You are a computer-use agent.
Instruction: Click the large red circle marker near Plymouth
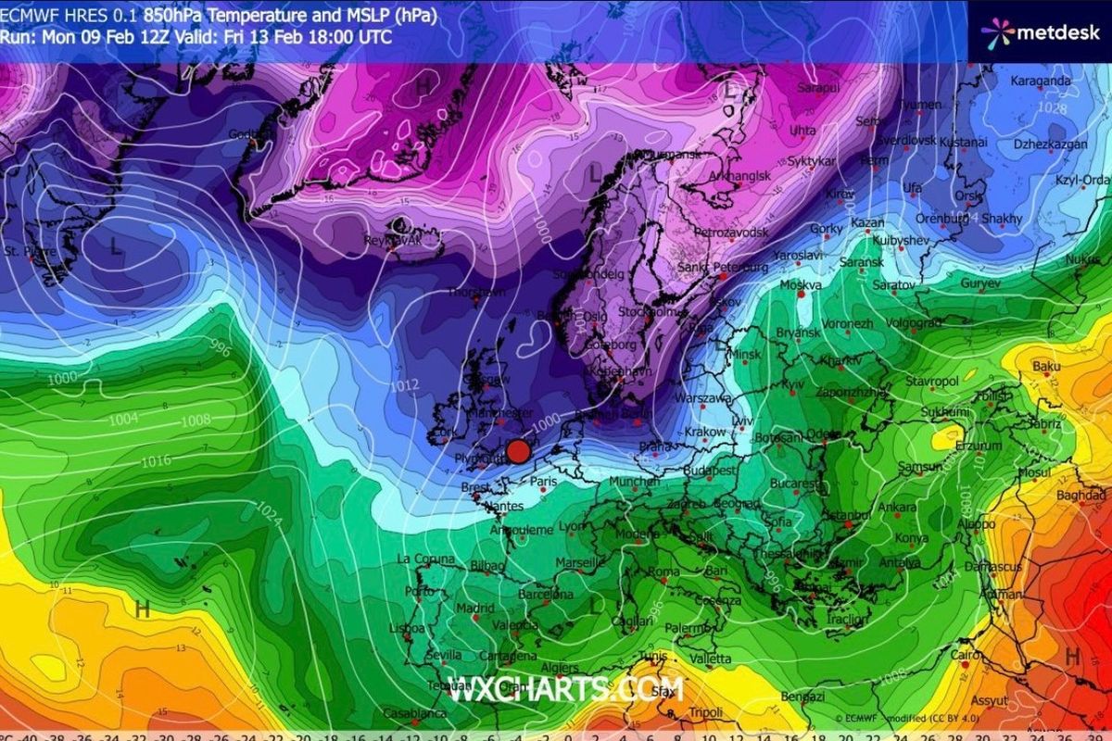click(518, 451)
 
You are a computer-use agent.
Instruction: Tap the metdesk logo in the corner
click(1042, 32)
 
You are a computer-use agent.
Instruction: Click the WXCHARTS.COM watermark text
click(567, 689)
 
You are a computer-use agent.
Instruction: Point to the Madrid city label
click(475, 608)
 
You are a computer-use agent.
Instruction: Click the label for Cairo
click(965, 655)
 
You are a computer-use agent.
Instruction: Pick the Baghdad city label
click(1080, 496)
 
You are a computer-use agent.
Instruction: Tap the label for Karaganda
click(1041, 81)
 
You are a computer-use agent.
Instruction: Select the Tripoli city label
click(706, 712)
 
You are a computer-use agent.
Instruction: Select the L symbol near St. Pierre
click(114, 247)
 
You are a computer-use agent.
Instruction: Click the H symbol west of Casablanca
click(143, 609)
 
